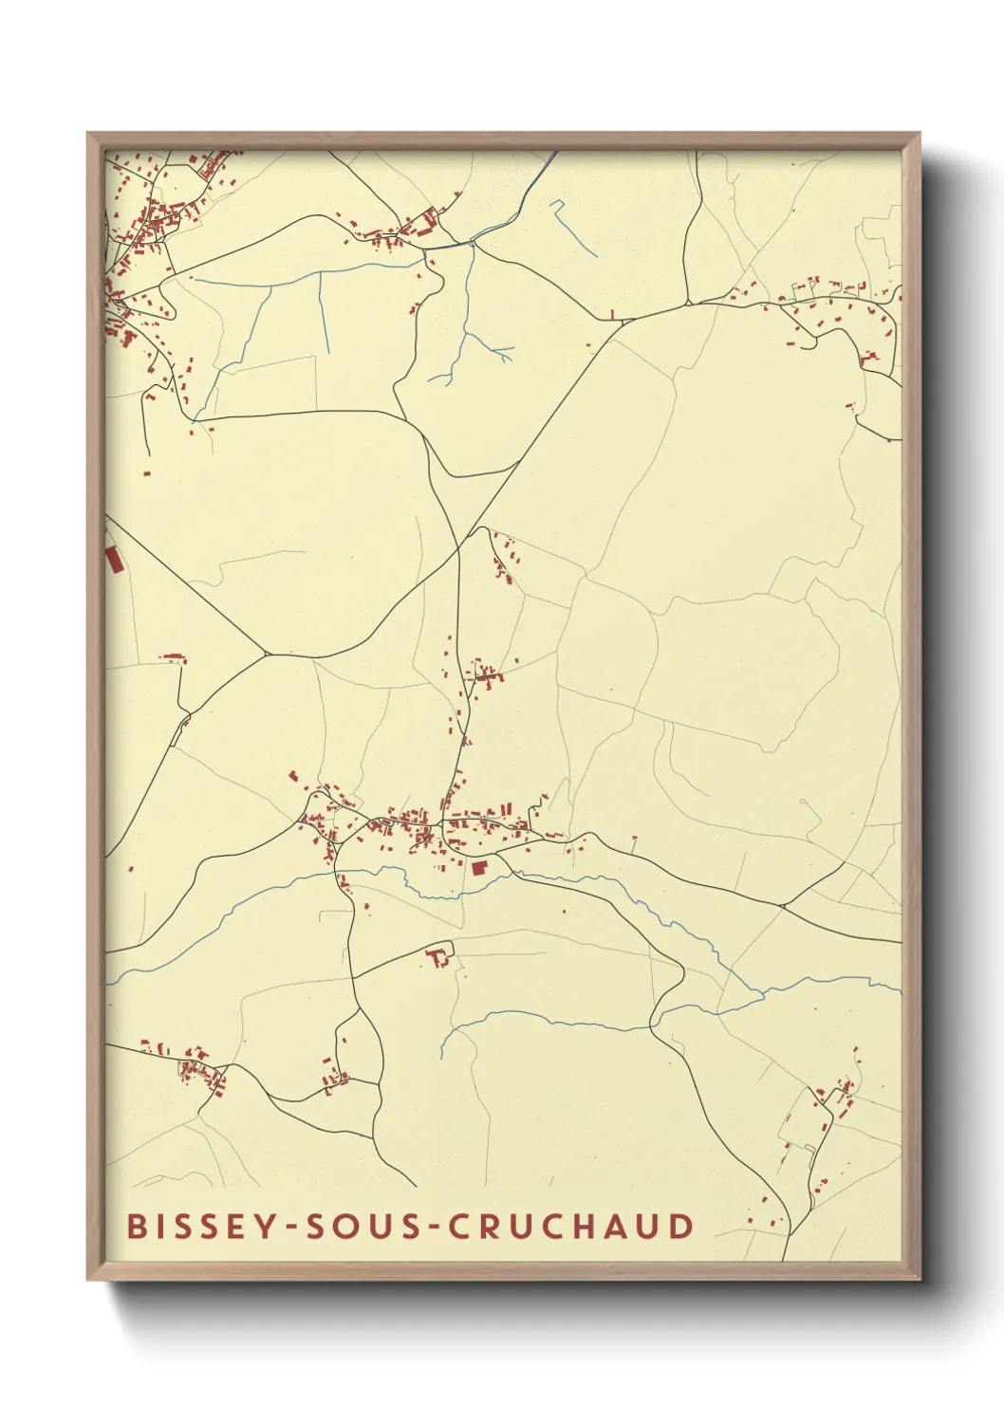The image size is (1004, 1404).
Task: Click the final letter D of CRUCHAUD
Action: point(680,1226)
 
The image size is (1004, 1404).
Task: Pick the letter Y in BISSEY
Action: point(254,1226)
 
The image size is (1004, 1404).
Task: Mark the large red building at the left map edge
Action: point(113,560)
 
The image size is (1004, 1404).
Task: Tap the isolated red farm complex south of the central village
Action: point(438,956)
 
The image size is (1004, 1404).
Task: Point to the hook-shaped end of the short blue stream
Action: point(556,204)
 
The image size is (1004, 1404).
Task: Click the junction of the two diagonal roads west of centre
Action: point(265,654)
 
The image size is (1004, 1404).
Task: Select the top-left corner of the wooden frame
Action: point(89,135)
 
